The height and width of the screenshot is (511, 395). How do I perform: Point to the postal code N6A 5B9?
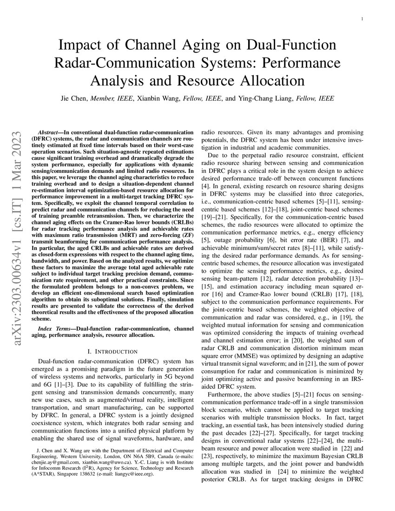click(x=137, y=456)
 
